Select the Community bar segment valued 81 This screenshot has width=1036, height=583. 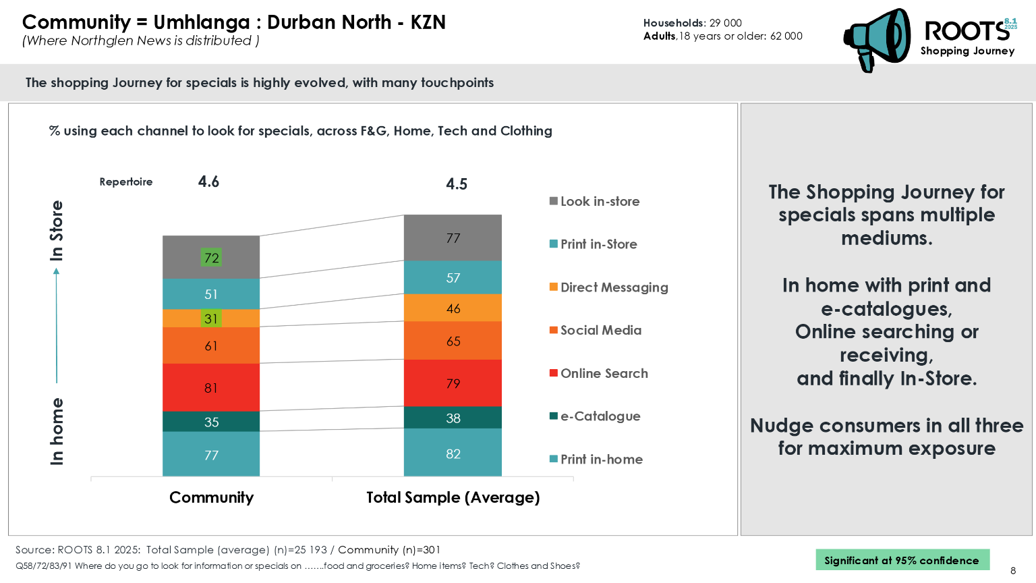pyautogui.click(x=211, y=387)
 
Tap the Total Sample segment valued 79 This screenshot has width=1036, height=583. pyautogui.click(x=453, y=383)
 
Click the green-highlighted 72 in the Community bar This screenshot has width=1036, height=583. pyautogui.click(x=211, y=258)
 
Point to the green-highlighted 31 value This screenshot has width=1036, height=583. pyautogui.click(x=211, y=318)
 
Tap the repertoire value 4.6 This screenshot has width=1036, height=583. pyautogui.click(x=208, y=182)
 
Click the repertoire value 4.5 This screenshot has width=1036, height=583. pyautogui.click(x=457, y=184)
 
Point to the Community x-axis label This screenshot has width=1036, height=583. pyautogui.click(x=211, y=497)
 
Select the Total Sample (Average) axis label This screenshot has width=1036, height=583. pyautogui.click(x=453, y=497)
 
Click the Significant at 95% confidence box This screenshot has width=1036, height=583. pyautogui.click(x=902, y=560)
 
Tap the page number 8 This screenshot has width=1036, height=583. pyautogui.click(x=1013, y=571)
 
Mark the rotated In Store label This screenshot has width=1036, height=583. pyautogui.click(x=57, y=231)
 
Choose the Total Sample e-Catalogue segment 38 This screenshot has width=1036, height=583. pyautogui.click(x=453, y=418)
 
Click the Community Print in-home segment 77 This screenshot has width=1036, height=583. pyautogui.click(x=211, y=455)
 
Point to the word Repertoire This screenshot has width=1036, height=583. pyautogui.click(x=126, y=182)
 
